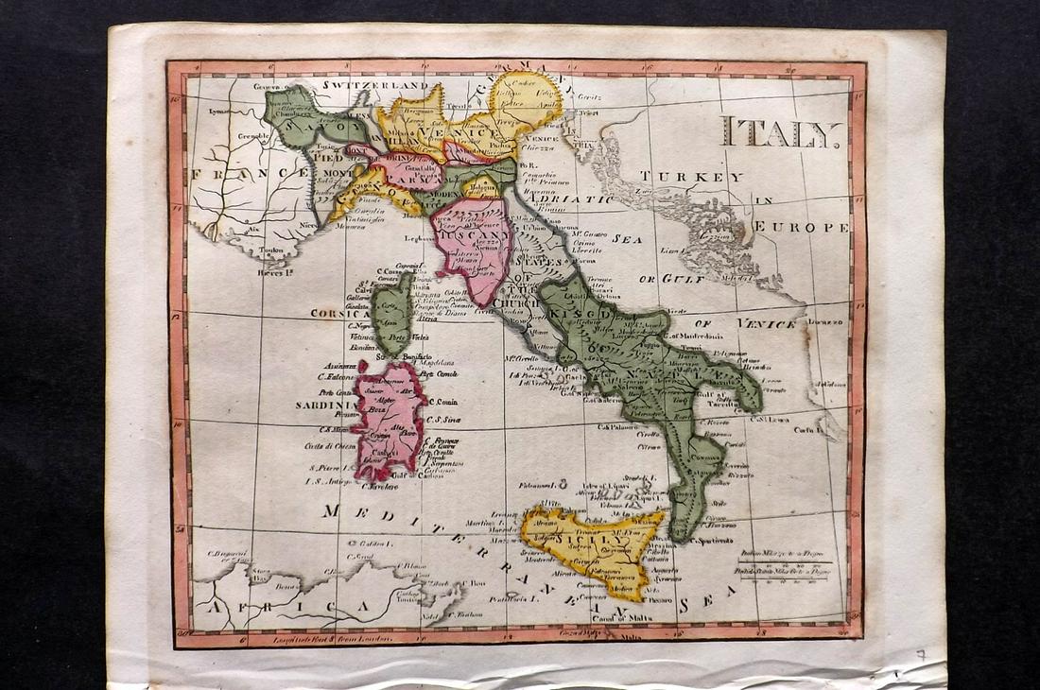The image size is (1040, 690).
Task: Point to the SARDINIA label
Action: [x=322, y=405]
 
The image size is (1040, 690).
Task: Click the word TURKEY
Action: [x=690, y=177]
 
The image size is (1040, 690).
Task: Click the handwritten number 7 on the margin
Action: [x=920, y=653]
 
